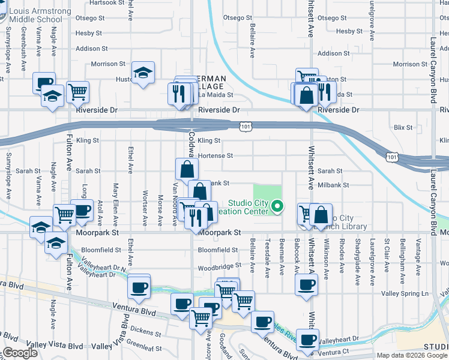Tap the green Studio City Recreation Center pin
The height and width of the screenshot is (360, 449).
click(x=277, y=208)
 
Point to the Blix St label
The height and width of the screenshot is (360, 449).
click(x=403, y=127)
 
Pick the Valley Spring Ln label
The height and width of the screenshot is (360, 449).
click(x=408, y=293)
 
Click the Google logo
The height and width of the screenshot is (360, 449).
click(x=20, y=353)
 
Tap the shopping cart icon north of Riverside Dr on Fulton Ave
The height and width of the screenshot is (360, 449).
click(x=78, y=92)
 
